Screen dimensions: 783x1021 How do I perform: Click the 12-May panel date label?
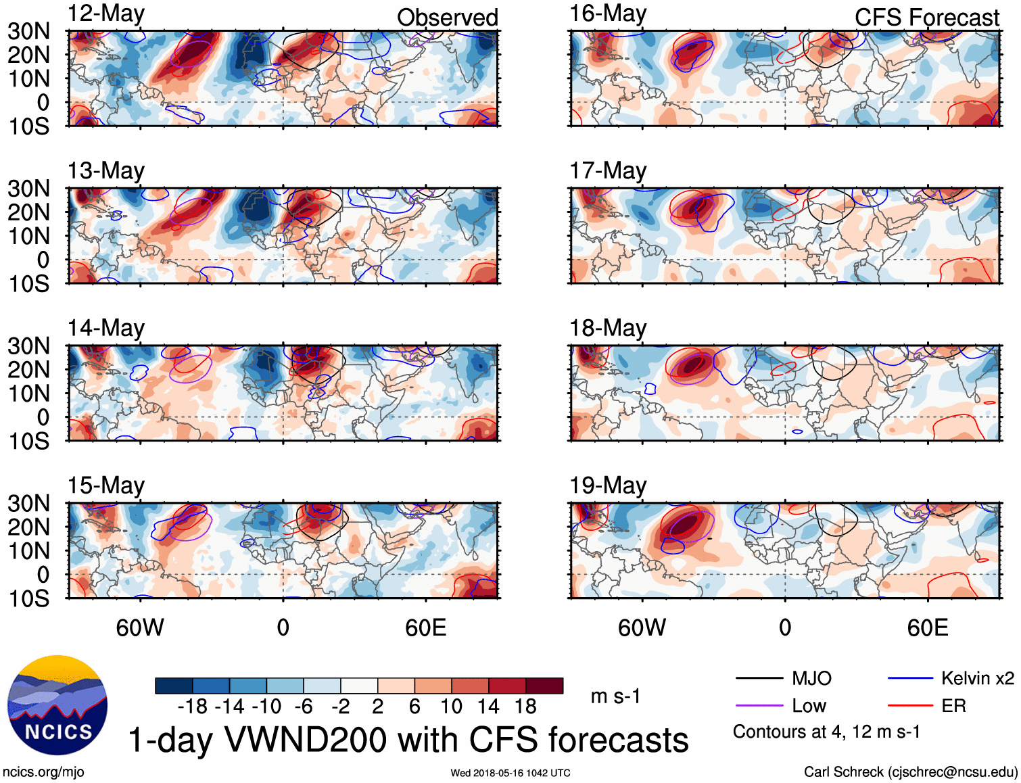[x=105, y=14]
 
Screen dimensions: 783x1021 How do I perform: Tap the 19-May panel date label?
[x=608, y=485]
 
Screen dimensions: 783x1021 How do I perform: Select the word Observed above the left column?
[x=447, y=18]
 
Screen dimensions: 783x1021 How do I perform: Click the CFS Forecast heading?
[x=926, y=18]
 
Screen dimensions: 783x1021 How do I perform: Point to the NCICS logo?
[x=57, y=705]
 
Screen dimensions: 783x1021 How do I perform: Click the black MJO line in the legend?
[x=759, y=678]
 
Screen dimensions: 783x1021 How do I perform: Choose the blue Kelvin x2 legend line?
[x=910, y=678]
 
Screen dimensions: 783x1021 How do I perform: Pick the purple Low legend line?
[x=759, y=706]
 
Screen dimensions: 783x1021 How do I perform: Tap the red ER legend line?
[x=910, y=706]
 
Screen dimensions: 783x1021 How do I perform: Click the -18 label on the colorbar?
[x=192, y=707]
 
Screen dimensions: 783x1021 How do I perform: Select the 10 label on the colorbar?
[x=451, y=707]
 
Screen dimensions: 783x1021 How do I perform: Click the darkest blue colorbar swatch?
[x=174, y=686]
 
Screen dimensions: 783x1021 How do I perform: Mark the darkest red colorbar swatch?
[x=544, y=686]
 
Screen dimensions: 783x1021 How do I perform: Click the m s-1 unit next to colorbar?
[x=615, y=696]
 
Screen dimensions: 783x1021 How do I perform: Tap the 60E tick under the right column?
[x=927, y=627]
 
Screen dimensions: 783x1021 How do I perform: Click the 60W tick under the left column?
[x=140, y=627]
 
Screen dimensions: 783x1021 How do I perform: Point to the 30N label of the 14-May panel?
[x=28, y=346]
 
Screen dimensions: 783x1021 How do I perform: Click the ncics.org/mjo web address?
[x=43, y=772]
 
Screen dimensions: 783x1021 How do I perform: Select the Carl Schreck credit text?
[x=910, y=772]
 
